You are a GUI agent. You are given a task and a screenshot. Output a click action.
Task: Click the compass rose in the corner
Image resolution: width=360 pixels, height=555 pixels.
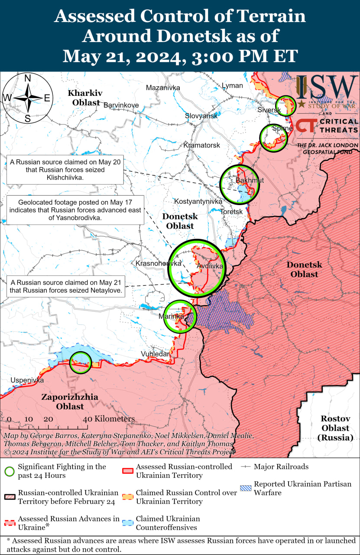pos(27,98)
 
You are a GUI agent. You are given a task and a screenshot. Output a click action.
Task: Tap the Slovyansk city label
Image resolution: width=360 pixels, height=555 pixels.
pos(201,116)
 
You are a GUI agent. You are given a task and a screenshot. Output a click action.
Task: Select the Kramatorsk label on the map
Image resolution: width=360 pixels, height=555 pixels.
pos(201,145)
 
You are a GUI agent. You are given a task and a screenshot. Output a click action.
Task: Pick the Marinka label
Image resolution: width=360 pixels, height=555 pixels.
pos(171,317)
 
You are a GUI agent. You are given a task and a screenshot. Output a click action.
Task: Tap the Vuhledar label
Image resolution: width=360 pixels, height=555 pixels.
pos(155,354)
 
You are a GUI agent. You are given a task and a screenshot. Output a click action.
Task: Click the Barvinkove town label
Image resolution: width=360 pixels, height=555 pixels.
pos(121,105)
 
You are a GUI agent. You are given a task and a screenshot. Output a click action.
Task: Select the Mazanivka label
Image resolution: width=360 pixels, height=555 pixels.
pos(163,88)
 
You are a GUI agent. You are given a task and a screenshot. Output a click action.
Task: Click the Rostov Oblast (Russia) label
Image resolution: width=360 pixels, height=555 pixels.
pos(335,428)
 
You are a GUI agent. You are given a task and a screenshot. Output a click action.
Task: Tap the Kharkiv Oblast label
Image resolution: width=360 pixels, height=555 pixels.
pos(85,98)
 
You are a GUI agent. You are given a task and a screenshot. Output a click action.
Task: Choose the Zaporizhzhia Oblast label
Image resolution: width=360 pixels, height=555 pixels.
pos(70,402)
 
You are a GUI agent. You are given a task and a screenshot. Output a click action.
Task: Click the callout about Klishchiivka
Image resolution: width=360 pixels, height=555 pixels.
pos(65,170)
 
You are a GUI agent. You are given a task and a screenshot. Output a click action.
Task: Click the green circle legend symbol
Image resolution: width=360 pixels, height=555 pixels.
pos(9,471)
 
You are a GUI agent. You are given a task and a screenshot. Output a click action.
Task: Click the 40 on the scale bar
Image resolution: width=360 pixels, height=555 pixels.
pos(87,419)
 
